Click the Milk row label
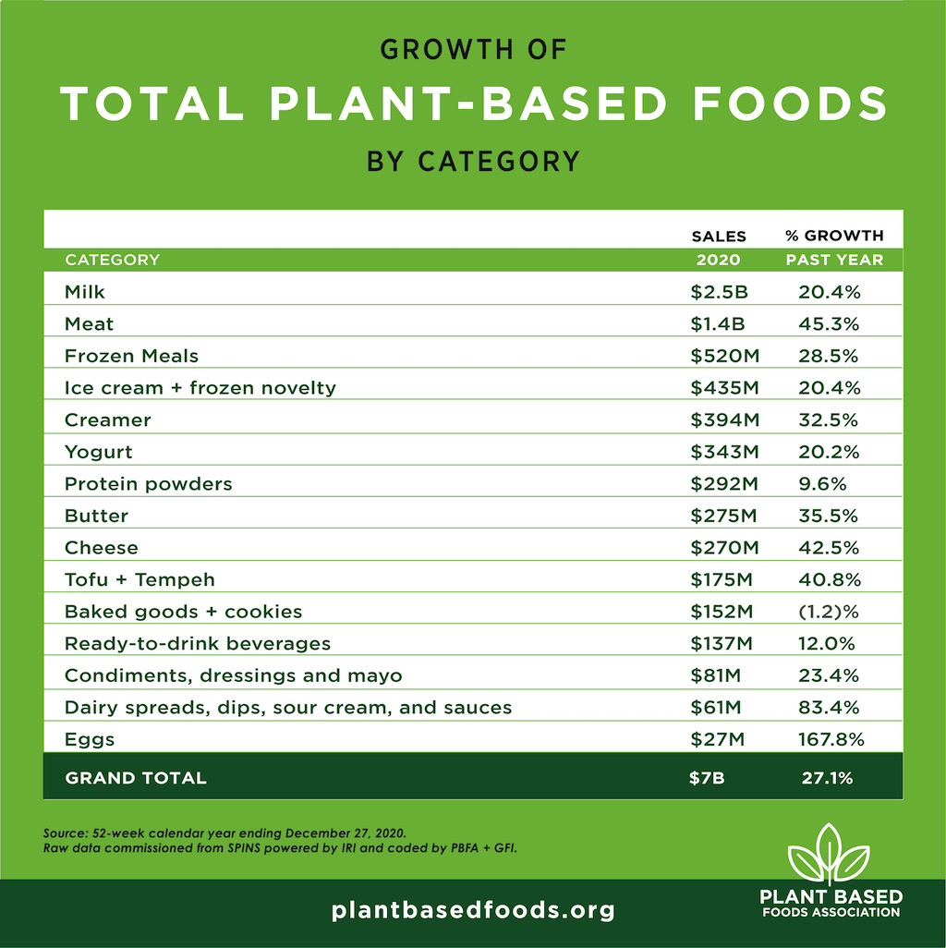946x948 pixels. [85, 292]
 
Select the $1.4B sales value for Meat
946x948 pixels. [718, 323]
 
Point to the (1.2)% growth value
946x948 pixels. [829, 612]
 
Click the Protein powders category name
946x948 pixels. [148, 484]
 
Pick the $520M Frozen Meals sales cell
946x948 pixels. [724, 356]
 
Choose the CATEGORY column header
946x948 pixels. [112, 260]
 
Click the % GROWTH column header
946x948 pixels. [834, 236]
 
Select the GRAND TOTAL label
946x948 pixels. [136, 778]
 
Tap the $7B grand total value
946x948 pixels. [708, 778]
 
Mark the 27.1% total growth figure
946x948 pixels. [827, 778]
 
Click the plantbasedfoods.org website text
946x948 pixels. [473, 910]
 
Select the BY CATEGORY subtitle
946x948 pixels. [473, 162]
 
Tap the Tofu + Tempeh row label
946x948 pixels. [139, 580]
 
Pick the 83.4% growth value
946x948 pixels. [829, 708]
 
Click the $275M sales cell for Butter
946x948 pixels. [724, 516]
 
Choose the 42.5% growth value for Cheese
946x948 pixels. [829, 548]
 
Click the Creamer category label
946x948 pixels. [107, 419]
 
